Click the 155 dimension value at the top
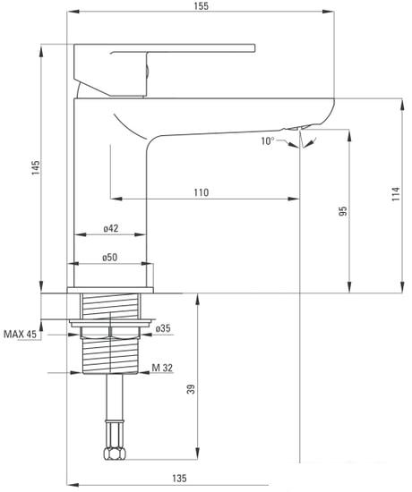coord(202,6)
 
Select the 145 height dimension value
coord(36,168)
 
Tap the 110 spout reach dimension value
coord(202,192)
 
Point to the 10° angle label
coord(268,141)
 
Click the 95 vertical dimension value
coord(344,211)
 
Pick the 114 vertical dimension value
coord(396,194)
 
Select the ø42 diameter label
coord(111,228)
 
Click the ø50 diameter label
coord(109,258)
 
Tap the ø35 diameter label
coord(163,328)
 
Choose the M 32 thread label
coord(162,368)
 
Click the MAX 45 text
coord(20,334)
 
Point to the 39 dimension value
coord(191,389)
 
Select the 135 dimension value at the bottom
coord(179,479)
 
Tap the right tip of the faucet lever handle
coord(254,47)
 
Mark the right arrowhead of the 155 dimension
coord(329,12)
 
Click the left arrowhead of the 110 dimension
coord(116,199)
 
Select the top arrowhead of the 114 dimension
coord(402,105)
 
